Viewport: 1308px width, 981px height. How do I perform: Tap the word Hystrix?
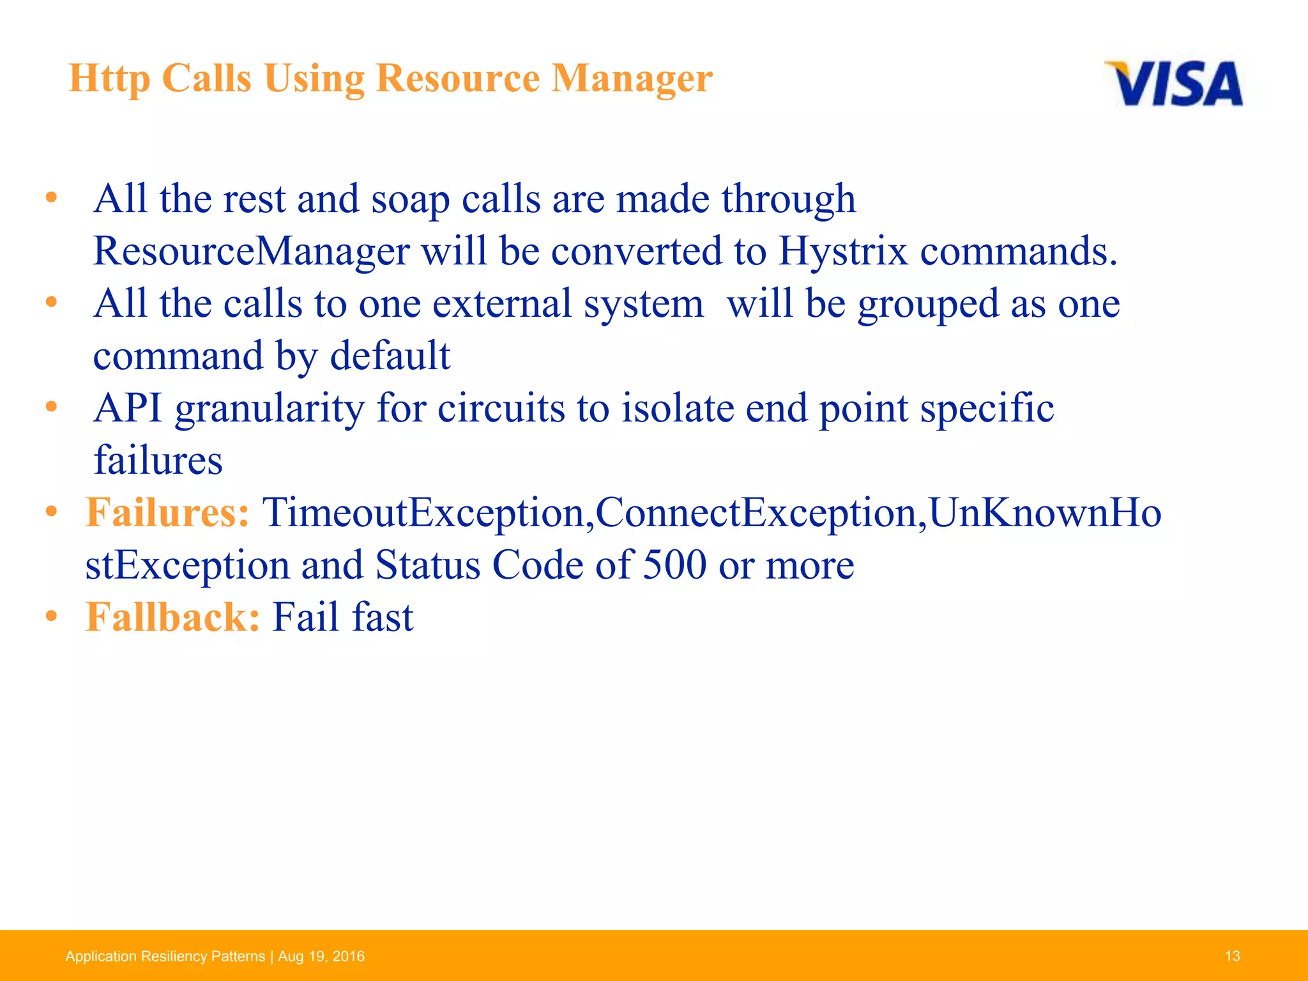[842, 251]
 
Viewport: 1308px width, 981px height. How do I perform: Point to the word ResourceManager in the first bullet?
[251, 251]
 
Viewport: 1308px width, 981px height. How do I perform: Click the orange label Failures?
[167, 513]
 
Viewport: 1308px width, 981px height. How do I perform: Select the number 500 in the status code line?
[674, 565]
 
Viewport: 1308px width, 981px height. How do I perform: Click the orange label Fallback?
[172, 618]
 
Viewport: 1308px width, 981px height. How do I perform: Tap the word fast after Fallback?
[382, 618]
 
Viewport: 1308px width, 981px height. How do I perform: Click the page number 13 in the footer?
[1232, 956]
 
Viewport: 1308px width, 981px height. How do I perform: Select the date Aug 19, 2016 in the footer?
[321, 956]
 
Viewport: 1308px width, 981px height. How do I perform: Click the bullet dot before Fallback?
[52, 616]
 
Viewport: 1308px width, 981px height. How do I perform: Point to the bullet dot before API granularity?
[52, 407]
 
